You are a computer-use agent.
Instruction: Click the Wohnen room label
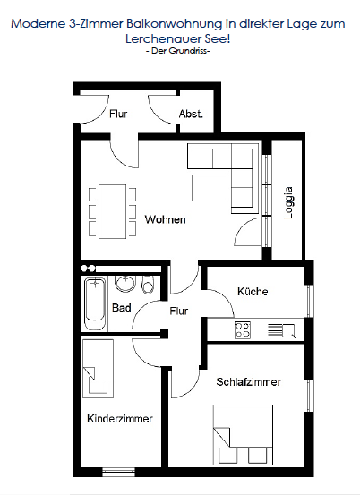(x=165, y=219)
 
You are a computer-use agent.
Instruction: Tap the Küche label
(x=253, y=291)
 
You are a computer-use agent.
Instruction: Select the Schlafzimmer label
(x=249, y=381)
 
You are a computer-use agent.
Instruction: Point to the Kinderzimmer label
(x=120, y=419)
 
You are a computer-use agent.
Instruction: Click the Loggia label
(x=288, y=202)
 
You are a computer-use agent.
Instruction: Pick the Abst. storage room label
(x=191, y=114)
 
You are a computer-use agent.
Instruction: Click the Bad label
(x=122, y=308)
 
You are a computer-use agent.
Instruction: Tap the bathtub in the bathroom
(x=95, y=303)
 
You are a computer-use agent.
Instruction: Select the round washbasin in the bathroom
(x=125, y=283)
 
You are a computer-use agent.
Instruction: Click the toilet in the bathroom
(x=148, y=285)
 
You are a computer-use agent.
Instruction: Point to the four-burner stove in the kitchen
(x=243, y=330)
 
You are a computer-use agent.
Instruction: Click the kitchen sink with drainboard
(x=282, y=331)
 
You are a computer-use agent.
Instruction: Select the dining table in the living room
(x=113, y=212)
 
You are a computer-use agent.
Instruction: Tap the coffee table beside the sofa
(x=210, y=188)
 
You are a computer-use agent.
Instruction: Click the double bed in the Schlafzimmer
(x=243, y=435)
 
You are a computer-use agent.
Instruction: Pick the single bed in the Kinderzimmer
(x=98, y=369)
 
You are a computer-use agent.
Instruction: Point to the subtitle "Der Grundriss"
(x=178, y=51)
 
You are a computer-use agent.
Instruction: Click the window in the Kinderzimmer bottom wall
(x=119, y=473)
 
